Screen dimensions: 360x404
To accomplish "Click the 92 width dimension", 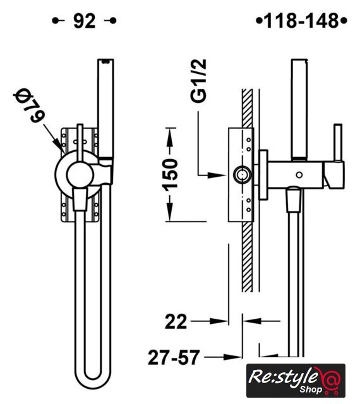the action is click(85, 21).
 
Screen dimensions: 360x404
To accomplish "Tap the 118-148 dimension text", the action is click(301, 21).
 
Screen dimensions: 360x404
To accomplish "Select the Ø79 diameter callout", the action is click(29, 105).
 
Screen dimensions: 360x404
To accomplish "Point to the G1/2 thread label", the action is click(198, 81).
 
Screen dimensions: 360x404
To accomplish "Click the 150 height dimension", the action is click(171, 175).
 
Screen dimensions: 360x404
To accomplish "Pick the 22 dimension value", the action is click(176, 321).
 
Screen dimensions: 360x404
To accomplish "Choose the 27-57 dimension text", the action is click(174, 357).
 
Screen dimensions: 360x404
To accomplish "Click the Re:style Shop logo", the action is click(296, 381).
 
